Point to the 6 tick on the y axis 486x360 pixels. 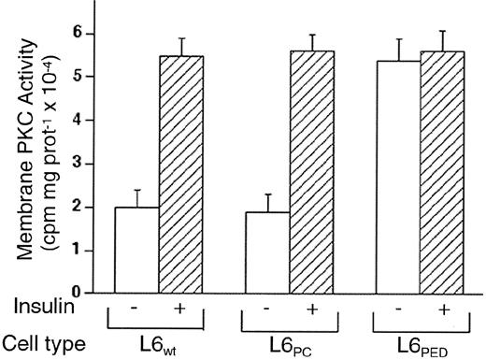[93, 34]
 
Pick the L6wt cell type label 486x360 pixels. [161, 343]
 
